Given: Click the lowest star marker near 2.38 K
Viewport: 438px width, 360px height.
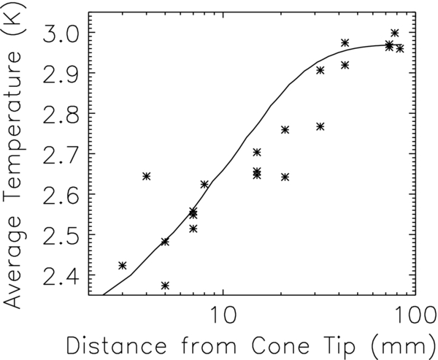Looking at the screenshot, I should click(x=165, y=286).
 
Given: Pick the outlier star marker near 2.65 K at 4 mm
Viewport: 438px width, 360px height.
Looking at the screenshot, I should click(x=146, y=176).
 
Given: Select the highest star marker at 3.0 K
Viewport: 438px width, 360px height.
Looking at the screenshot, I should click(x=395, y=33).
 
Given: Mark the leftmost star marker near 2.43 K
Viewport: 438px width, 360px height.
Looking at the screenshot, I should click(x=122, y=265).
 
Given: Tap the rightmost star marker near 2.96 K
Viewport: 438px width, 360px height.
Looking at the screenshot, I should click(x=400, y=48).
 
